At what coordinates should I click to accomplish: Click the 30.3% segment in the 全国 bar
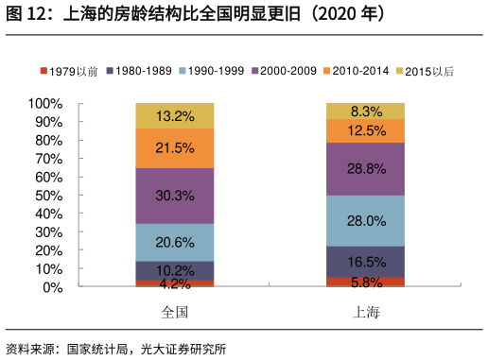tap(175, 196)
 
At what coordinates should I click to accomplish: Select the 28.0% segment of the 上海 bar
tap(365, 220)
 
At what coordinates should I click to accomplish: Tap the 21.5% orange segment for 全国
tap(175, 148)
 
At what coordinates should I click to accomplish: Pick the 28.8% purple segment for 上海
tap(365, 169)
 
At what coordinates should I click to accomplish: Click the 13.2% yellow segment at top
tap(175, 116)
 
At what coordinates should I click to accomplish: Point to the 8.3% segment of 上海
tap(365, 111)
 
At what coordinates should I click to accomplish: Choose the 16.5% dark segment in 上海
tap(365, 262)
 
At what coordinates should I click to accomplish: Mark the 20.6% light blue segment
tap(175, 242)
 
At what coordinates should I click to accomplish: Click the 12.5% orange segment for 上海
tap(365, 130)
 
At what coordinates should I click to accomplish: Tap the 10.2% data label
tap(175, 270)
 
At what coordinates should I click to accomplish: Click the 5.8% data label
tap(365, 282)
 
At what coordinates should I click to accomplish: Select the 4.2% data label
tap(175, 283)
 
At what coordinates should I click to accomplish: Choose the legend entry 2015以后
tap(423, 71)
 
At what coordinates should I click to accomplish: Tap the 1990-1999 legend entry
tap(212, 71)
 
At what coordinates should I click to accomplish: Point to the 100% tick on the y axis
tap(45, 103)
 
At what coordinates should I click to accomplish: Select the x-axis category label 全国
tap(175, 312)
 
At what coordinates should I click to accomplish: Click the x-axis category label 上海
tap(365, 312)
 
